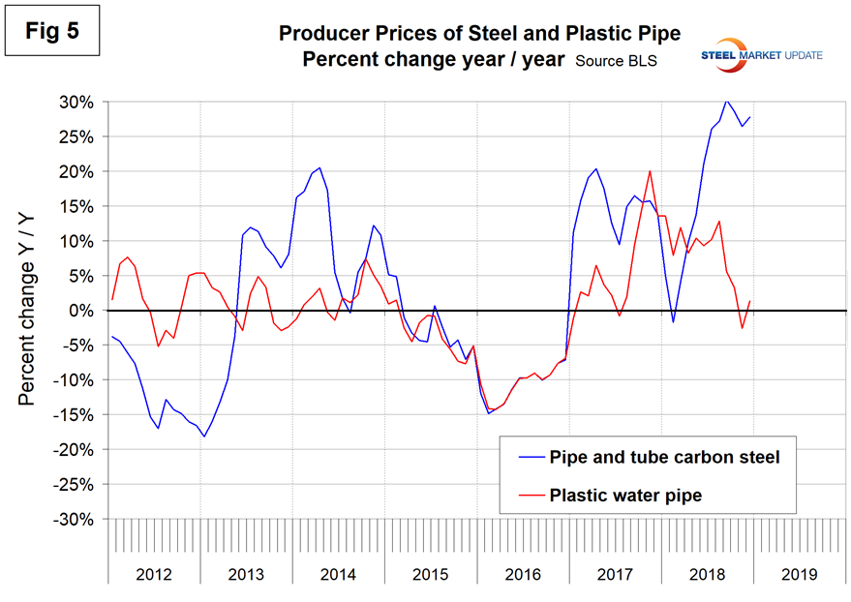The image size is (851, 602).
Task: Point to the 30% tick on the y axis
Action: [75, 102]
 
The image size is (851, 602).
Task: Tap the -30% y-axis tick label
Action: [72, 519]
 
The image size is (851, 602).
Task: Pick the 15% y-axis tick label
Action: [75, 206]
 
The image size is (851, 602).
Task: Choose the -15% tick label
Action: [72, 415]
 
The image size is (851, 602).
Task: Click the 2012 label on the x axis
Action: [154, 573]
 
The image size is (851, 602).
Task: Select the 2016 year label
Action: [523, 573]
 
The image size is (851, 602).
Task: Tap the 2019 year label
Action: [800, 573]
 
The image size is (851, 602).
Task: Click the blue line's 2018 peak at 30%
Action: [725, 101]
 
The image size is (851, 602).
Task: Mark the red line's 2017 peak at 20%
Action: [649, 171]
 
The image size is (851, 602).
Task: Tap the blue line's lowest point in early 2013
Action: [204, 436]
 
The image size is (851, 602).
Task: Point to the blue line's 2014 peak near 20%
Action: [319, 167]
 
